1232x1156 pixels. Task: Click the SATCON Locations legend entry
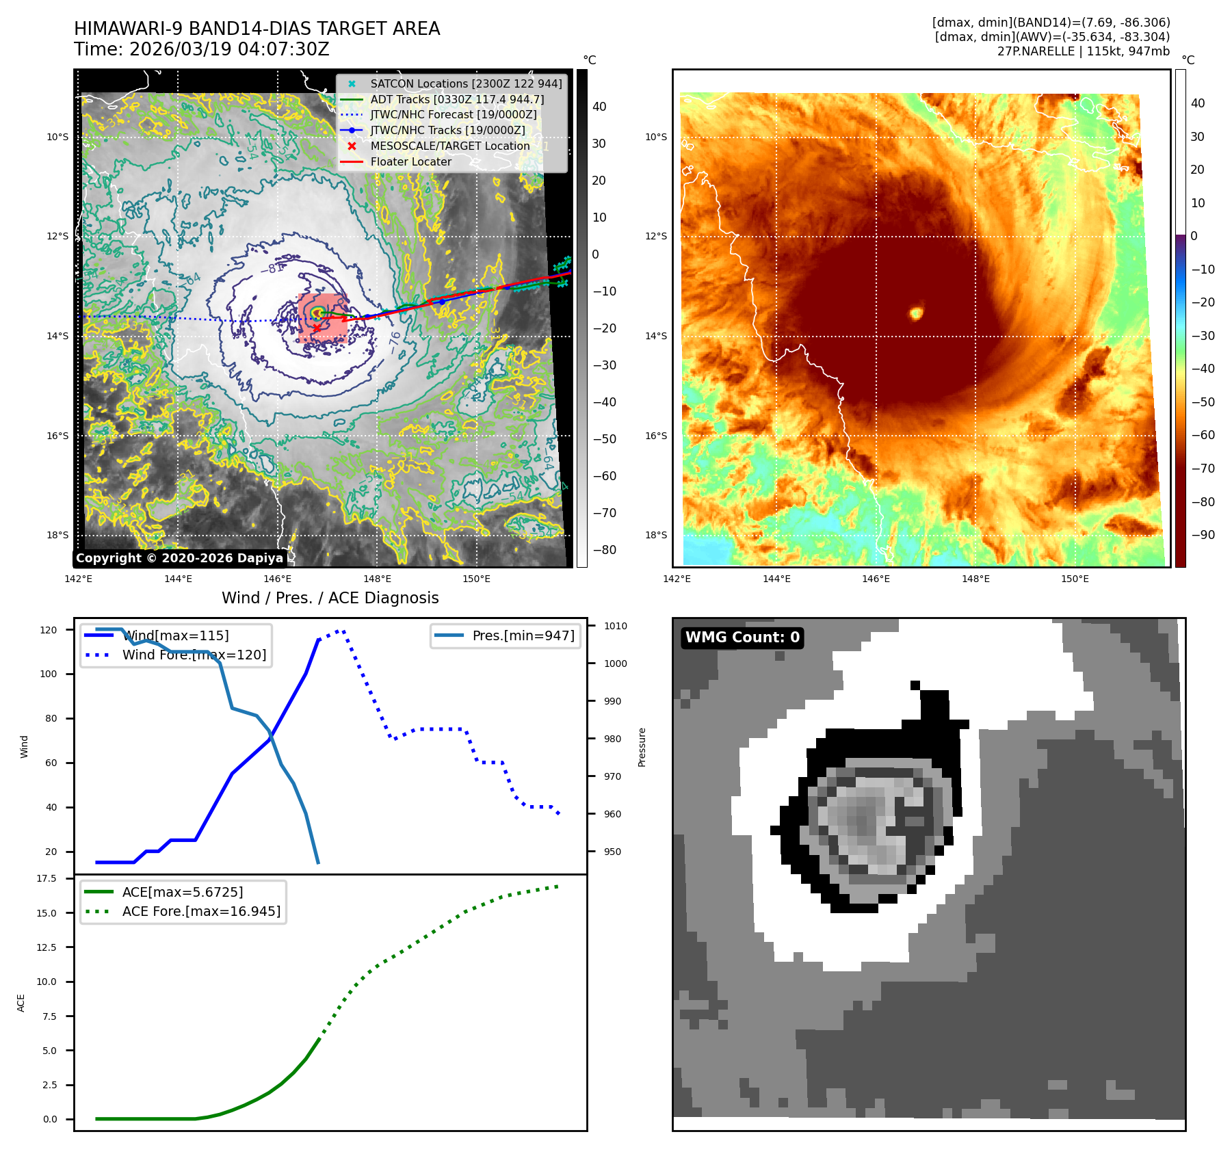[x=465, y=83]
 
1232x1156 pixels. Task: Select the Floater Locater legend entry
[x=410, y=162]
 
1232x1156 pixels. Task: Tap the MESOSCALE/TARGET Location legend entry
[x=449, y=146]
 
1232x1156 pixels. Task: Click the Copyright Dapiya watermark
[x=179, y=558]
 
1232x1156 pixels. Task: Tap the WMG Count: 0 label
[x=742, y=638]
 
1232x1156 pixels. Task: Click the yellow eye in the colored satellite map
[x=916, y=313]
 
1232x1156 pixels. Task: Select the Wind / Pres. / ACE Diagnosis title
[x=330, y=598]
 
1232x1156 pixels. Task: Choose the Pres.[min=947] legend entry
[x=523, y=635]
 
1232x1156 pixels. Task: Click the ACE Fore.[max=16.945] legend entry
[x=201, y=911]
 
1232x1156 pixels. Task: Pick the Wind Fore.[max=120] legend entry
[x=194, y=655]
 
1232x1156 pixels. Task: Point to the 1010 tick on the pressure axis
[x=615, y=626]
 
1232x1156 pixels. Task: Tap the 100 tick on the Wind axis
[x=49, y=674]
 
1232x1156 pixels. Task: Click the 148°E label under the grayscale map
[x=377, y=579]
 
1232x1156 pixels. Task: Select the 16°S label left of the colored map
[x=655, y=436]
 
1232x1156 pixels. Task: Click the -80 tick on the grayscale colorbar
[x=604, y=550]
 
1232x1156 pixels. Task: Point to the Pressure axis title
[x=642, y=747]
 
